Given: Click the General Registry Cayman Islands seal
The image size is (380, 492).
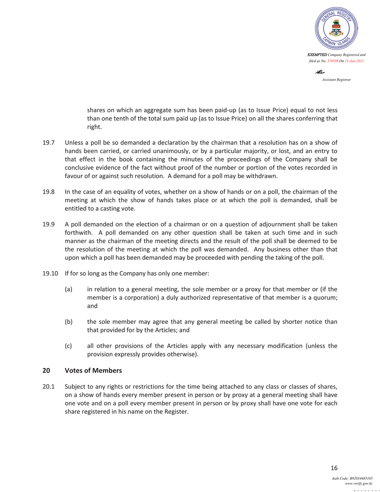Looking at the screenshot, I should pyautogui.click(x=336, y=29).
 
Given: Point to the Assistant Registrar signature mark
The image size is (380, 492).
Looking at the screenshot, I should pyautogui.click(x=320, y=72).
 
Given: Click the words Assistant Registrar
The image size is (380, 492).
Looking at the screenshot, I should pyautogui.click(x=336, y=80).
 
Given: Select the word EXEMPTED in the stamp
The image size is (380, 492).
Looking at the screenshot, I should pyautogui.click(x=317, y=55).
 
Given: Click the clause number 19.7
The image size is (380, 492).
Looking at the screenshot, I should pyautogui.click(x=48, y=143).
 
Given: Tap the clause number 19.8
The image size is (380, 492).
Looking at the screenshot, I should pyautogui.click(x=48, y=192).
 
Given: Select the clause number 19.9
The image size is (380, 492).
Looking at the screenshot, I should pyautogui.click(x=48, y=224).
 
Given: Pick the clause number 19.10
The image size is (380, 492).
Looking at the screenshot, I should pyautogui.click(x=50, y=273).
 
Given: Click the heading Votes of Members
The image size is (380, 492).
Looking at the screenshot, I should pyautogui.click(x=93, y=370).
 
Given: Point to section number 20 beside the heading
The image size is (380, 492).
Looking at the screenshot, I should pyautogui.click(x=46, y=370).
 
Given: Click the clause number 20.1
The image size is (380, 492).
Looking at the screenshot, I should pyautogui.click(x=48, y=386).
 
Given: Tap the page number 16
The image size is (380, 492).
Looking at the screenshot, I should pyautogui.click(x=334, y=468).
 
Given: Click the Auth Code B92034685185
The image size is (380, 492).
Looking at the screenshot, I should pyautogui.click(x=352, y=479).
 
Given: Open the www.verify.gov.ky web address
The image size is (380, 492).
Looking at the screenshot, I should pyautogui.click(x=359, y=484).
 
